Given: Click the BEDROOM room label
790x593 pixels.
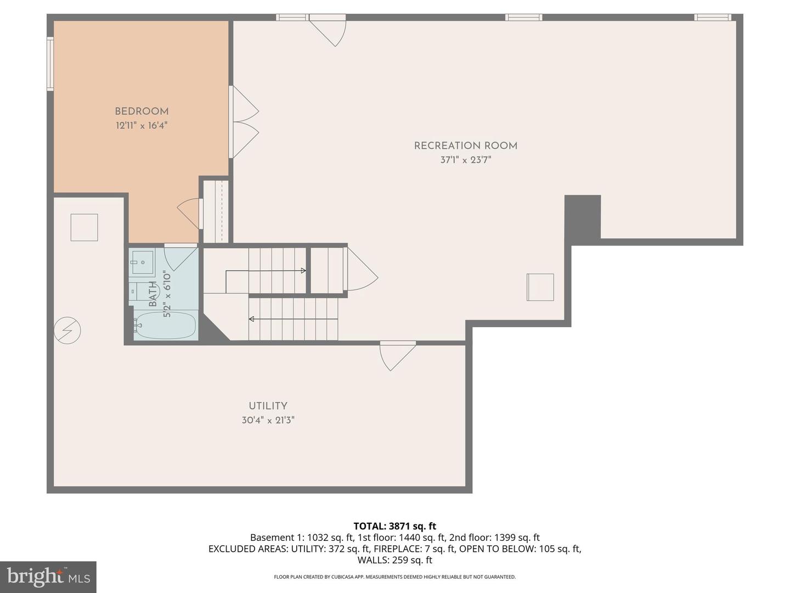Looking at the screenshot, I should coord(142,111).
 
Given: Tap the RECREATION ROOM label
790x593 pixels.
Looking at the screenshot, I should coord(465,146).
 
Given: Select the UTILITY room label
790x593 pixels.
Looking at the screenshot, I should coord(268,406).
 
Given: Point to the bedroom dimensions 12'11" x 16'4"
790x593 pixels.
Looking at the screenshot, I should coord(142,126).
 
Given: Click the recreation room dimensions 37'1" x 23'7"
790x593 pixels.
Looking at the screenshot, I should coord(465,160).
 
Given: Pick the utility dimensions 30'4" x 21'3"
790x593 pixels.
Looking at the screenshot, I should coord(268,420).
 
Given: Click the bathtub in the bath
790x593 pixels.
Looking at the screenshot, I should coord(165,326).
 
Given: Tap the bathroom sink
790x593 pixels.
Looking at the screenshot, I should coord(142,262).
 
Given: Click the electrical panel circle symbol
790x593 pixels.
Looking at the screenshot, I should coord(67,331).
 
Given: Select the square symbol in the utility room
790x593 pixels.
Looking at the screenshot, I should coord(84,227).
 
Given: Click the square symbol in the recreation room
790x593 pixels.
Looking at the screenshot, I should coord(540,287).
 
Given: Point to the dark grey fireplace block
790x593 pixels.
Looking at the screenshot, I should coord(583,217).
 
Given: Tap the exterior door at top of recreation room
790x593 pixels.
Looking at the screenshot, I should coord(328,31).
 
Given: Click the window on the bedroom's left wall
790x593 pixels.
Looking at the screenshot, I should coord(50,63).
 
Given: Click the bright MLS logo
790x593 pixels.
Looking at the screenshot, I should coord(48,577).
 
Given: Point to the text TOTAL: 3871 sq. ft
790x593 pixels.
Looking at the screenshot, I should coord(394,526).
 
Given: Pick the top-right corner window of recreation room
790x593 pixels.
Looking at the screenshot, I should coord(712,18).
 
